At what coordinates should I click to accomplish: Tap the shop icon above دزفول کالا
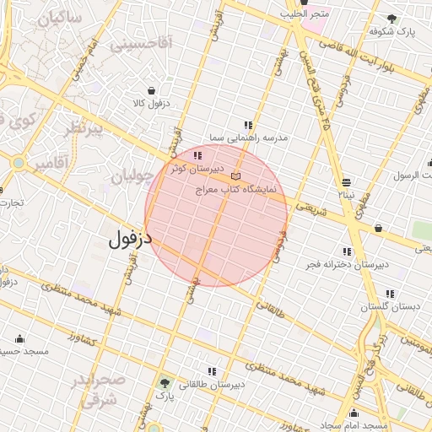point(151,90)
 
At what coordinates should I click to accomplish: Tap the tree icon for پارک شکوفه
point(390,18)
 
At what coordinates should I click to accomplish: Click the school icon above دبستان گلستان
point(390,294)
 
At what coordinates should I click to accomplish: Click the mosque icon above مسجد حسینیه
point(19,338)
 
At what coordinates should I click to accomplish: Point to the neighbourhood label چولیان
point(133,175)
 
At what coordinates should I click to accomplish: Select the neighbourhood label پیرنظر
point(84,128)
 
